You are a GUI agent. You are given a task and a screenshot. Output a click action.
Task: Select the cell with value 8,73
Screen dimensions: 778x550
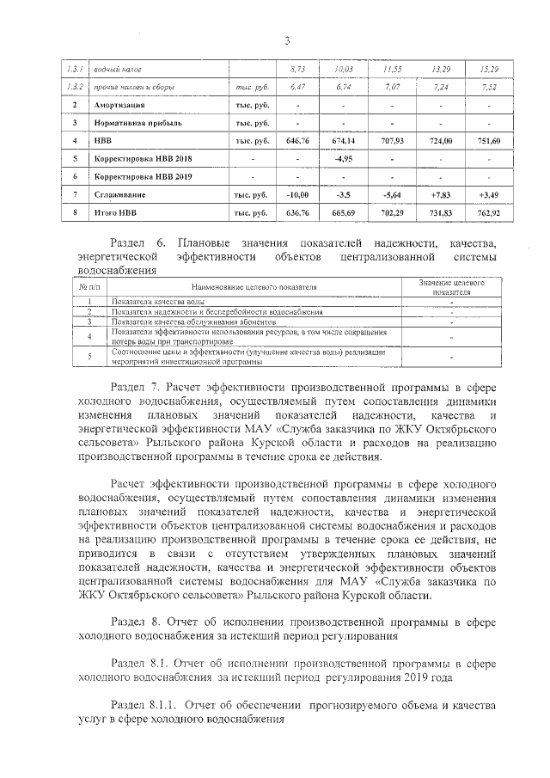[x=298, y=68]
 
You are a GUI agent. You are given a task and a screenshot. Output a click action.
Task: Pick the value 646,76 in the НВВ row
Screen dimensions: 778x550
[x=297, y=140]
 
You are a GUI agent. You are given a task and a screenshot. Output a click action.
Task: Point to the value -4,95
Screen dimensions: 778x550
[x=344, y=158]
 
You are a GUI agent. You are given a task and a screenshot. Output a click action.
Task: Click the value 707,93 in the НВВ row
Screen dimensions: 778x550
[x=392, y=140]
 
